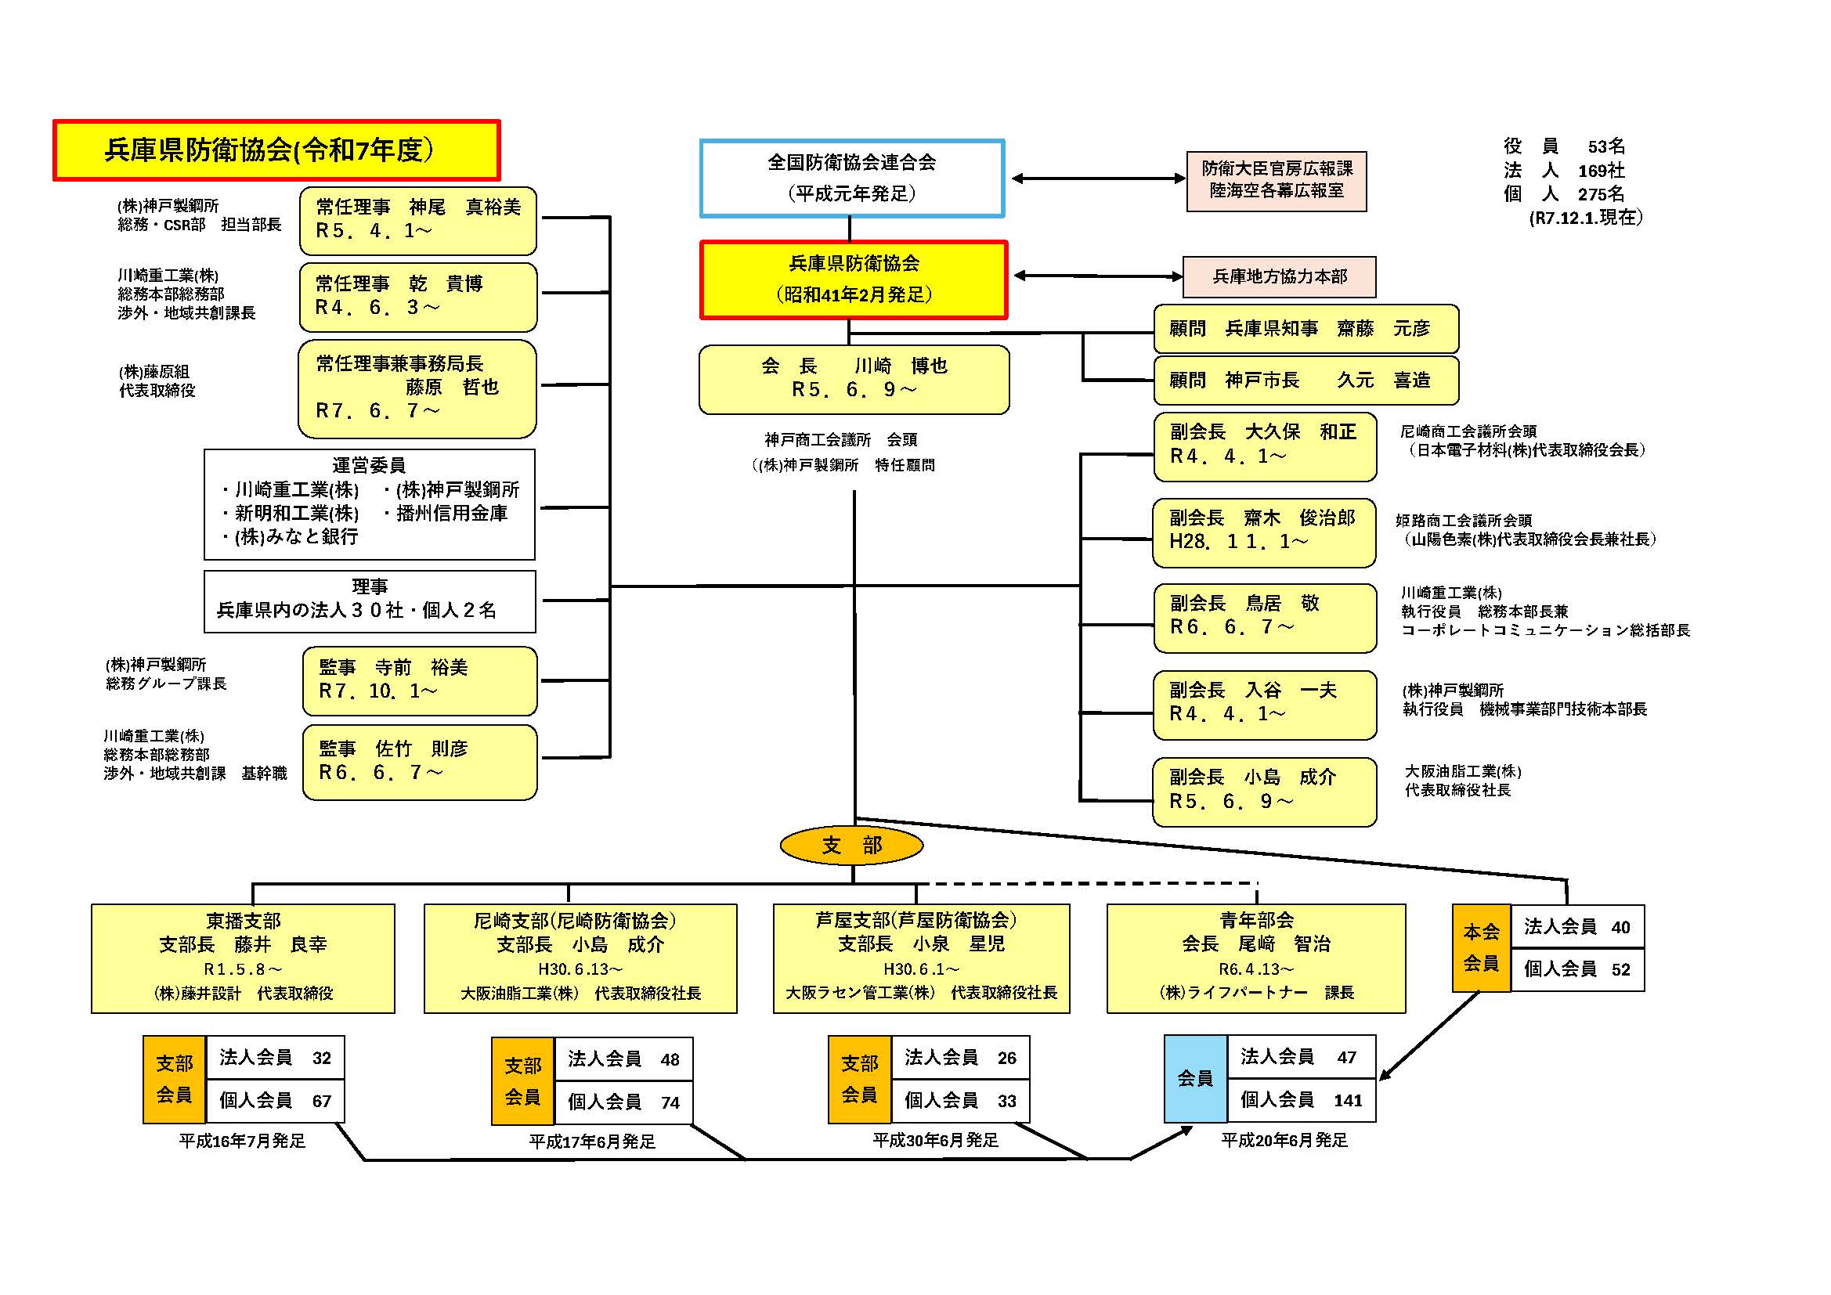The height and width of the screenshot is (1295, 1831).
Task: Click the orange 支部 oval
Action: click(851, 846)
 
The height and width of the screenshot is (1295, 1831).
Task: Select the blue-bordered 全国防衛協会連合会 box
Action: click(852, 179)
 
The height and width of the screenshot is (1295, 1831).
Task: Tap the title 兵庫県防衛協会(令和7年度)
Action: click(276, 150)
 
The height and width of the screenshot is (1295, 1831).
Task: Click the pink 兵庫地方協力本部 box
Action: click(1278, 276)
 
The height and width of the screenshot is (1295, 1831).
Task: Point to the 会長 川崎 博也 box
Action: click(854, 379)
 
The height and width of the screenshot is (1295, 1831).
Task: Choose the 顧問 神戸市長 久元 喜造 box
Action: click(1306, 381)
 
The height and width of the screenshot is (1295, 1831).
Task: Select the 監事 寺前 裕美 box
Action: click(420, 680)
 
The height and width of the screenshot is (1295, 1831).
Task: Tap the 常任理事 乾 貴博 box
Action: click(418, 297)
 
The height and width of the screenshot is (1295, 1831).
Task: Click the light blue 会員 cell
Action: click(1194, 1078)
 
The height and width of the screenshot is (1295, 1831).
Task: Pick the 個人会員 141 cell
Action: click(1301, 1100)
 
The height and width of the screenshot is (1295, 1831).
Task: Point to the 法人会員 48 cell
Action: click(623, 1059)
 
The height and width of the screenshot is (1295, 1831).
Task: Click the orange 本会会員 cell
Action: click(1480, 947)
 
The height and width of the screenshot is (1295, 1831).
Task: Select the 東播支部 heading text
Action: click(244, 921)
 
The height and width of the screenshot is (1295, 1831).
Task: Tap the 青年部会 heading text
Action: click(1256, 920)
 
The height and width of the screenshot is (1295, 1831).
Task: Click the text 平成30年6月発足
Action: click(934, 1140)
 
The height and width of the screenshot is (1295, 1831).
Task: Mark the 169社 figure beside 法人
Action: click(1601, 171)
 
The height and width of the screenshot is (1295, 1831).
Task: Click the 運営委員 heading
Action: click(368, 465)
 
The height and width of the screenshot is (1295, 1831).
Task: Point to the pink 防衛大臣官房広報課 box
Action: click(1276, 180)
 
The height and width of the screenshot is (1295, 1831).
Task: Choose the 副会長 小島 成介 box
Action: click(1264, 791)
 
